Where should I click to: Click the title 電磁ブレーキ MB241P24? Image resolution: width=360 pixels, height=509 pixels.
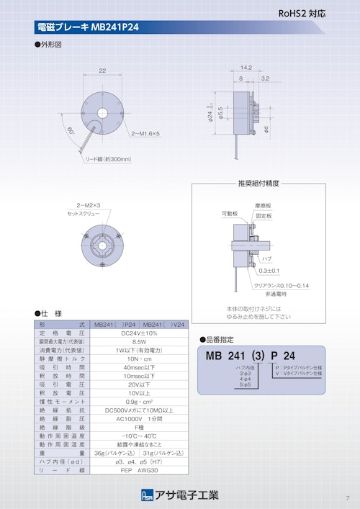[x=87, y=28]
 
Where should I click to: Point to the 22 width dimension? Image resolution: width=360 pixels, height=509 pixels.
[x=102, y=71]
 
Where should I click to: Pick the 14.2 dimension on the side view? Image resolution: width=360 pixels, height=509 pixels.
[x=246, y=67]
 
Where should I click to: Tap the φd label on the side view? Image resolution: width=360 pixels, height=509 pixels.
[x=267, y=129]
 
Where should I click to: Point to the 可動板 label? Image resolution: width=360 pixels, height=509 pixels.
[x=230, y=214]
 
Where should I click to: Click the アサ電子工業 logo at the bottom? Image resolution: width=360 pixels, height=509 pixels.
[x=180, y=495]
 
